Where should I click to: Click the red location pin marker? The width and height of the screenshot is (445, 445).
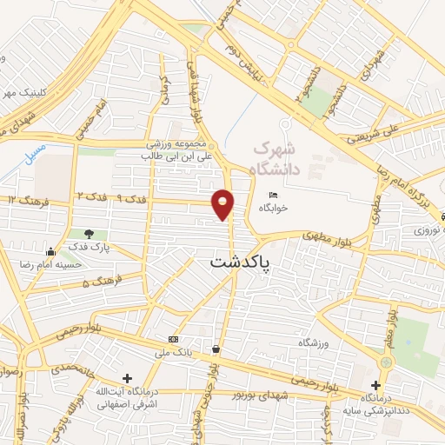[223, 203]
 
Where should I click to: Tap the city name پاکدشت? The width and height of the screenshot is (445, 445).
[240, 261]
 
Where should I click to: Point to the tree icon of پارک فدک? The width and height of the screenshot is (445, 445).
[89, 234]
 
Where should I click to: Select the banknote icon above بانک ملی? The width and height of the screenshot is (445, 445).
[173, 338]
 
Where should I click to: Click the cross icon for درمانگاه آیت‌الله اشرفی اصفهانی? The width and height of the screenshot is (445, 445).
[128, 378]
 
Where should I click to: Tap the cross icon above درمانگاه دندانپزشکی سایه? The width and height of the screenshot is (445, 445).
[375, 385]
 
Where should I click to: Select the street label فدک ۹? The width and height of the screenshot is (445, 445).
[132, 199]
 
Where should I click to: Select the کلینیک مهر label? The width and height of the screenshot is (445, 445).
[19, 92]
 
